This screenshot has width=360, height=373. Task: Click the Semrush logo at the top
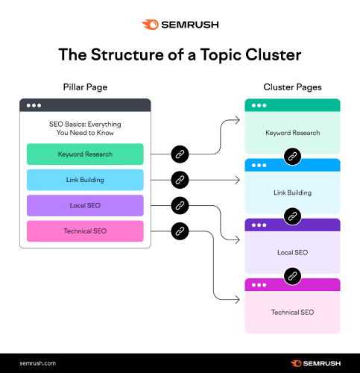[180, 24]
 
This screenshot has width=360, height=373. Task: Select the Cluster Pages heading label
[292, 87]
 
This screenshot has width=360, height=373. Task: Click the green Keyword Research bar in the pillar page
[84, 154]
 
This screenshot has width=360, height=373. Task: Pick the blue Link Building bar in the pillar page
[84, 180]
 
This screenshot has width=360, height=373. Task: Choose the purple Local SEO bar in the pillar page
[84, 205]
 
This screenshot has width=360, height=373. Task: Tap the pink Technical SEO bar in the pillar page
[84, 231]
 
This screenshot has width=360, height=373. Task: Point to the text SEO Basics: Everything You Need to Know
[84, 128]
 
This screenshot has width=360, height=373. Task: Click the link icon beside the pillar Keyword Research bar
[179, 154]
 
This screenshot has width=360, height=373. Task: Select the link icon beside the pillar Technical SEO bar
[179, 231]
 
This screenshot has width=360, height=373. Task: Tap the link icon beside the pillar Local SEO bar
[179, 205]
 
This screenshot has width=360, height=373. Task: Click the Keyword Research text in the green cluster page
[292, 133]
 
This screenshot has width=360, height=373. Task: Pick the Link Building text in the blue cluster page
[292, 192]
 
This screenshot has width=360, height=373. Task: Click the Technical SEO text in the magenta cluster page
[292, 311]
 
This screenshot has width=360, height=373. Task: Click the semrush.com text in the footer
[38, 363]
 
